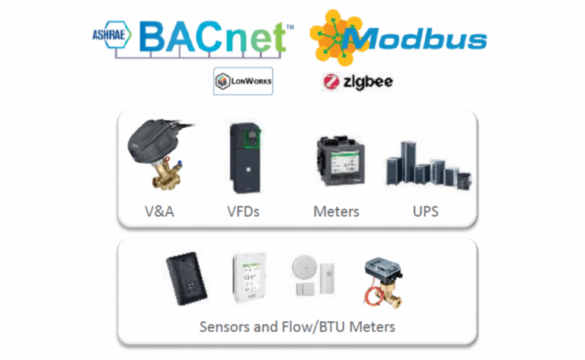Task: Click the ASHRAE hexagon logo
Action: tap(111, 35)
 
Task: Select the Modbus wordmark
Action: tap(415, 39)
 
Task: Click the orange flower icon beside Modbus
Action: tap(334, 37)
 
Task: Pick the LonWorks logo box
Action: tap(243, 81)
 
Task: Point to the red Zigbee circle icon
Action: tap(331, 82)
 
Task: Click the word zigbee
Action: tap(368, 82)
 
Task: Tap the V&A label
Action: tap(159, 212)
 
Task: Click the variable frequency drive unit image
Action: tap(245, 158)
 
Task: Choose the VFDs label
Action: tap(243, 212)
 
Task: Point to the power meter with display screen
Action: tap(340, 161)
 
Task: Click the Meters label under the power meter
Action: tap(336, 212)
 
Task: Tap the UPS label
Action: tap(426, 212)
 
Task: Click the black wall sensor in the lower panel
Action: tap(186, 279)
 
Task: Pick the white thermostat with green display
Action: tap(249, 278)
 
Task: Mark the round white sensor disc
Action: tap(305, 267)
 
